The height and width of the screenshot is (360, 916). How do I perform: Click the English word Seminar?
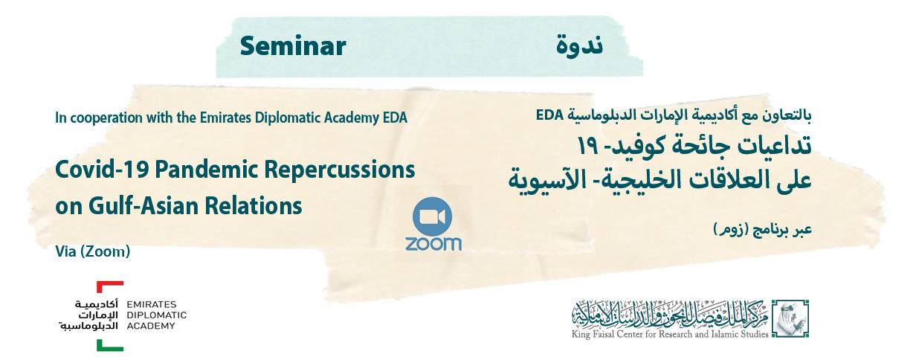(x=293, y=46)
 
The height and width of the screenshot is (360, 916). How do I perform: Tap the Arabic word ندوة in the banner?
(x=579, y=46)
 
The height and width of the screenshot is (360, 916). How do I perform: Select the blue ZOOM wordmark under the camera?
(x=433, y=244)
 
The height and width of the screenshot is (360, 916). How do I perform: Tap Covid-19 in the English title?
(x=103, y=170)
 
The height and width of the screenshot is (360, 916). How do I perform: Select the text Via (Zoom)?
(x=93, y=251)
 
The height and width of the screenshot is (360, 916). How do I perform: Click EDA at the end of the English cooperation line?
(x=395, y=118)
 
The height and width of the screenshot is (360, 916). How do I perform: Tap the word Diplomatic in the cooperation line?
(x=288, y=118)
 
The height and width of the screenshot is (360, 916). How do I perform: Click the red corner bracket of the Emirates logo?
(x=109, y=286)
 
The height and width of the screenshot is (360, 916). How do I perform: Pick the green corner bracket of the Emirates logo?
(x=109, y=346)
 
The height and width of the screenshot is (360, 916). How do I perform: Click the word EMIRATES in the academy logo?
(x=152, y=304)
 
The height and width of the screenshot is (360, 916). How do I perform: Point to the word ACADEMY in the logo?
(x=151, y=326)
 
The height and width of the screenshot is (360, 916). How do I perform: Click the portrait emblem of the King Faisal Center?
(x=790, y=318)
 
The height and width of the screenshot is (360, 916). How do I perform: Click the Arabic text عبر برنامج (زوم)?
(x=763, y=229)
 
